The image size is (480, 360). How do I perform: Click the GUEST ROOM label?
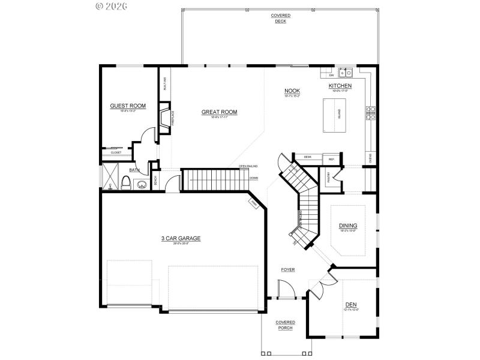click(128, 106)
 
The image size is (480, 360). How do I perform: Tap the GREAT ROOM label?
click(219, 112)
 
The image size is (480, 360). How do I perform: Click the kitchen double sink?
click(345, 73)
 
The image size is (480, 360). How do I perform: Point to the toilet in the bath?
click(126, 182)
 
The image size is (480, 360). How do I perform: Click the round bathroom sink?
click(142, 184)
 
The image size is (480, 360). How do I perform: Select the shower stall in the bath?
click(109, 178)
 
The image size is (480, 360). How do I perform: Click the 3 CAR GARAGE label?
click(181, 238)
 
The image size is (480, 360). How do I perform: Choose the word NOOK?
click(292, 91)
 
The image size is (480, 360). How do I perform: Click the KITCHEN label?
click(340, 86)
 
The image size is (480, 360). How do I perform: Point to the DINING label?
click(348, 226)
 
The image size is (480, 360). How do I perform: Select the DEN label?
click(351, 304)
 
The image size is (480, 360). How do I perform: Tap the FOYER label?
click(288, 270)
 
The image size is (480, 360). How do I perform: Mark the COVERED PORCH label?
click(285, 325)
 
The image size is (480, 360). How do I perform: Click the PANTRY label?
click(328, 176)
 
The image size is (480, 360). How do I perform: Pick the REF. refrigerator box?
click(331, 159)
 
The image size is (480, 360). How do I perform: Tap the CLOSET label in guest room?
click(116, 152)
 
